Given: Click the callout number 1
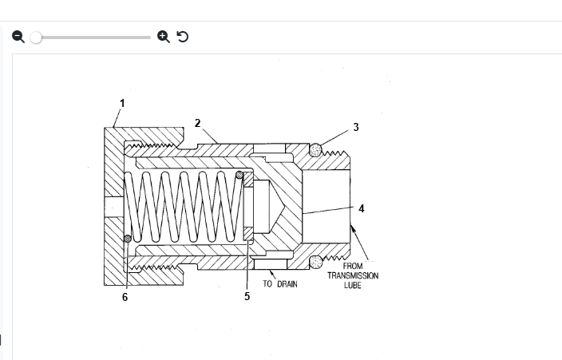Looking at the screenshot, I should [122, 103].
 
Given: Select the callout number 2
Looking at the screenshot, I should [197, 123].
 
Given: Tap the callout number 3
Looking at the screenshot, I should [355, 127].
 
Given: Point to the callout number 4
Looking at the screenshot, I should [361, 208].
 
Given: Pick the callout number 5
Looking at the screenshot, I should [247, 296].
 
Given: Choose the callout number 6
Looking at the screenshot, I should [125, 297].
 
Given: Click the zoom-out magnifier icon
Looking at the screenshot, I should [18, 37].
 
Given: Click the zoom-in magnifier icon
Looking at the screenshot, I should [163, 37].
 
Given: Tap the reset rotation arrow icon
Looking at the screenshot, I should [182, 37].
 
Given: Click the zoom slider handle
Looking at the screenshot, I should [36, 37].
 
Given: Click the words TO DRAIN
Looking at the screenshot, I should [280, 284].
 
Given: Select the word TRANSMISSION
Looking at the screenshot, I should [353, 276].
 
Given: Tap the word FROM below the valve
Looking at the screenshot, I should [353, 267].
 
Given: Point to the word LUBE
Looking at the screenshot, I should [353, 285].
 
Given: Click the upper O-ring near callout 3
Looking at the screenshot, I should [317, 149].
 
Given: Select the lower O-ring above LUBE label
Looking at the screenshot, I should [317, 261].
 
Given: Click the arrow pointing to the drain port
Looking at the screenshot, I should [271, 275].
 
